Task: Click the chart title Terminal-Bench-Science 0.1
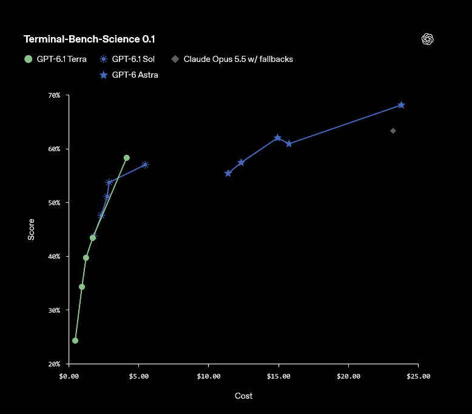pyautogui.click(x=89, y=39)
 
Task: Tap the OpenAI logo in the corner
pyautogui.click(x=428, y=39)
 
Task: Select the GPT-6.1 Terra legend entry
pyautogui.click(x=55, y=59)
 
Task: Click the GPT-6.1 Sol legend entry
pyautogui.click(x=127, y=59)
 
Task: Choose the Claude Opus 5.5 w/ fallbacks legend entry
pyautogui.click(x=232, y=59)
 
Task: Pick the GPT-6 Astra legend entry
pyautogui.click(x=129, y=75)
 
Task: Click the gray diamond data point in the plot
pyautogui.click(x=393, y=131)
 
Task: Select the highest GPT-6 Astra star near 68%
pyautogui.click(x=401, y=105)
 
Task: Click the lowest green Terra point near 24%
pyautogui.click(x=75, y=341)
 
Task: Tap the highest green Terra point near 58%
pyautogui.click(x=127, y=158)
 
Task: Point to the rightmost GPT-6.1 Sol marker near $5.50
pyautogui.click(x=145, y=165)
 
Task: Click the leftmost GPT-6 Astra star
pyautogui.click(x=228, y=173)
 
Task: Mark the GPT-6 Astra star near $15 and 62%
pyautogui.click(x=277, y=138)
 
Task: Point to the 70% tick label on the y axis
pyautogui.click(x=54, y=95)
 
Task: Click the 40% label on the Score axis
pyautogui.click(x=54, y=257)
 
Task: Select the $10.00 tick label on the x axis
pyautogui.click(x=209, y=376)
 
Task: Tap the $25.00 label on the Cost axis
pyautogui.click(x=419, y=376)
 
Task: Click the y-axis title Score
pyautogui.click(x=31, y=229)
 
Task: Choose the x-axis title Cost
pyautogui.click(x=243, y=396)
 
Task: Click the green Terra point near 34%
pyautogui.click(x=82, y=287)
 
